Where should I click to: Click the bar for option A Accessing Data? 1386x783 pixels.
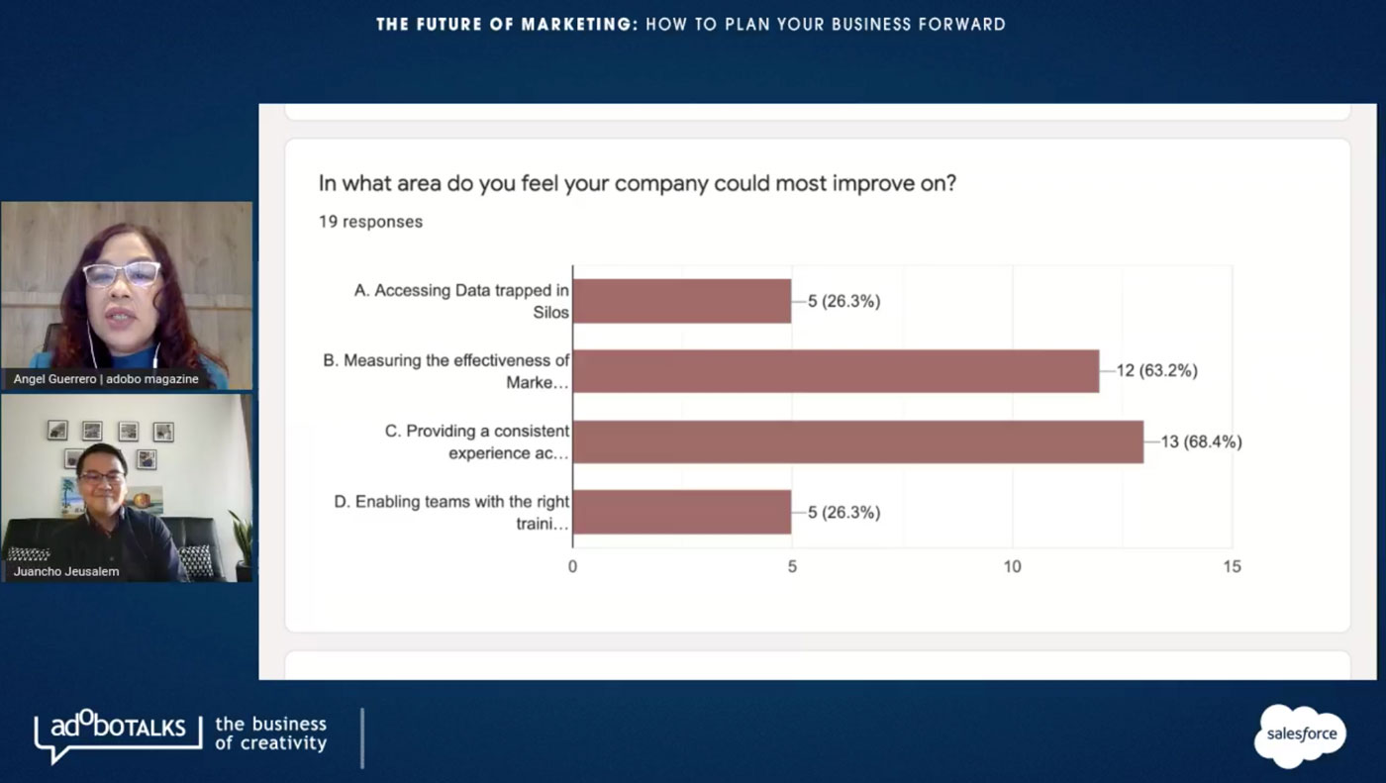[x=682, y=301]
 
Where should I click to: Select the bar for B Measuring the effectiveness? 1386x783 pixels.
[x=836, y=371]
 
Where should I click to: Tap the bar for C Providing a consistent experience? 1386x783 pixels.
[x=857, y=441]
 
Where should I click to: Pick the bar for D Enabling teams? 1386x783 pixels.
[x=682, y=512]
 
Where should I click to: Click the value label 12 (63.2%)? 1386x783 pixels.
[x=1157, y=371]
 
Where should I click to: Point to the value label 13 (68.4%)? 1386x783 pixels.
[x=1201, y=441]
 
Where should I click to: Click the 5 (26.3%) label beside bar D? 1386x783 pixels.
[x=843, y=512]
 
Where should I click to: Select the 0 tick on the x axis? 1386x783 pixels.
[x=572, y=567]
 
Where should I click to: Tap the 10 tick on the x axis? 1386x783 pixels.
[x=1012, y=567]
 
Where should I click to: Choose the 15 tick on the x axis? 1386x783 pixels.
[x=1232, y=567]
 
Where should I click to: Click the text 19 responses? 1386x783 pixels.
[x=370, y=222]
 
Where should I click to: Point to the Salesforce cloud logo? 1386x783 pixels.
[x=1301, y=734]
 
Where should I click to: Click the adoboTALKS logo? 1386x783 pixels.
[x=111, y=733]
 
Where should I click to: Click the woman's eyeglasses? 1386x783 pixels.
[x=122, y=273]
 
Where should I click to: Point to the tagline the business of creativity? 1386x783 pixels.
[x=270, y=734]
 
